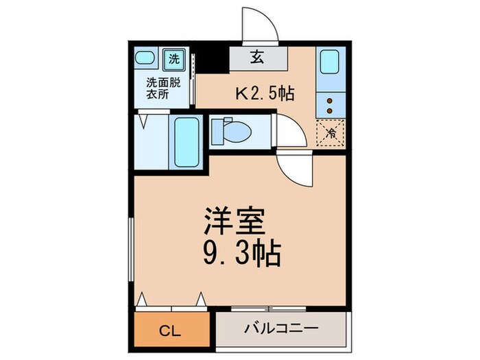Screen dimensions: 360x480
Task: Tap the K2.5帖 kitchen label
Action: (x=265, y=93)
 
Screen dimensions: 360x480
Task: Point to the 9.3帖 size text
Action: (x=241, y=254)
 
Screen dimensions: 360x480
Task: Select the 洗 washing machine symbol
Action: (x=175, y=58)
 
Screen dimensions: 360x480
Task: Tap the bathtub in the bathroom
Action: (x=187, y=143)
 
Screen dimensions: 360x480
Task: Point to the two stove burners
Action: (x=331, y=105)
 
